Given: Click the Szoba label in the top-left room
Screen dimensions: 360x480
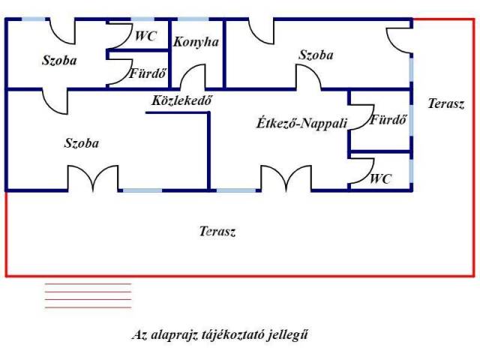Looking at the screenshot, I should pyautogui.click(x=59, y=60).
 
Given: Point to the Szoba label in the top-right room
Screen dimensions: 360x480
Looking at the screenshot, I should pyautogui.click(x=316, y=55).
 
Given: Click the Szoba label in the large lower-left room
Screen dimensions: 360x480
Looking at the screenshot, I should pyautogui.click(x=82, y=142).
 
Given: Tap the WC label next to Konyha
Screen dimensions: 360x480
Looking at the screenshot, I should pyautogui.click(x=146, y=36).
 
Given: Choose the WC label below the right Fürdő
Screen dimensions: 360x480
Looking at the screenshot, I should pyautogui.click(x=382, y=179).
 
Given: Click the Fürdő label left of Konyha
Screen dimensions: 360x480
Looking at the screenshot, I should pyautogui.click(x=148, y=74).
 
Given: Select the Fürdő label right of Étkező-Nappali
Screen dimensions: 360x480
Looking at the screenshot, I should pyautogui.click(x=388, y=119).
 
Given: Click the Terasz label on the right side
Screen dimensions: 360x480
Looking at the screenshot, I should pyautogui.click(x=445, y=104).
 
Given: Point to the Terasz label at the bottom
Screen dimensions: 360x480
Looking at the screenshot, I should pyautogui.click(x=217, y=232).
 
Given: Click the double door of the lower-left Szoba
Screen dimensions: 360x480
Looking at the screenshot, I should pyautogui.click(x=93, y=178).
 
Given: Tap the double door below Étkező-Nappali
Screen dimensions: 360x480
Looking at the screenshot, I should pyautogui.click(x=286, y=178).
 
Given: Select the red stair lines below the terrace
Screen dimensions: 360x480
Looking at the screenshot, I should pyautogui.click(x=88, y=295).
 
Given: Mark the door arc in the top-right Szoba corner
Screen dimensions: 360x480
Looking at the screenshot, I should pyautogui.click(x=399, y=38).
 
